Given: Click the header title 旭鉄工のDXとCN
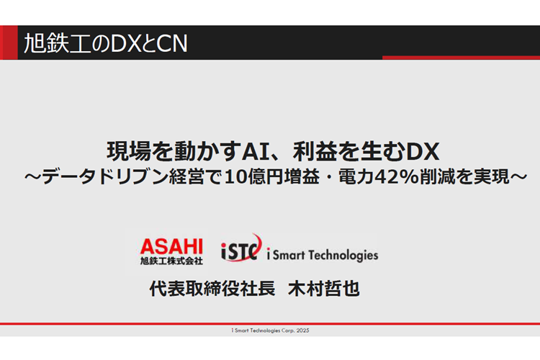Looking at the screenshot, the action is [x=106, y=43].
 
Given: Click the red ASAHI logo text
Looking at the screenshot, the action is [x=171, y=247].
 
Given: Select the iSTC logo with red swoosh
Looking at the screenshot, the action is [x=241, y=248].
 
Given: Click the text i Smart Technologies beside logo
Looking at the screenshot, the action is [x=323, y=255].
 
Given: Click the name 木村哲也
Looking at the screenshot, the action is [x=324, y=288].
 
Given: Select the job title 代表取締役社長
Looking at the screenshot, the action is [x=212, y=288].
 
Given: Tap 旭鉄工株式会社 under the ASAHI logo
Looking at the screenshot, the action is [x=171, y=261].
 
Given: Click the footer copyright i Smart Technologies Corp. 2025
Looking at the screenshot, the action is [x=270, y=330].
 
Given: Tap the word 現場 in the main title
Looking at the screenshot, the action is [x=129, y=152].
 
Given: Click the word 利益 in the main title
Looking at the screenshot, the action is [x=315, y=152].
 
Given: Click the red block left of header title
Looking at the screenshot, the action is [x=9, y=42].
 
